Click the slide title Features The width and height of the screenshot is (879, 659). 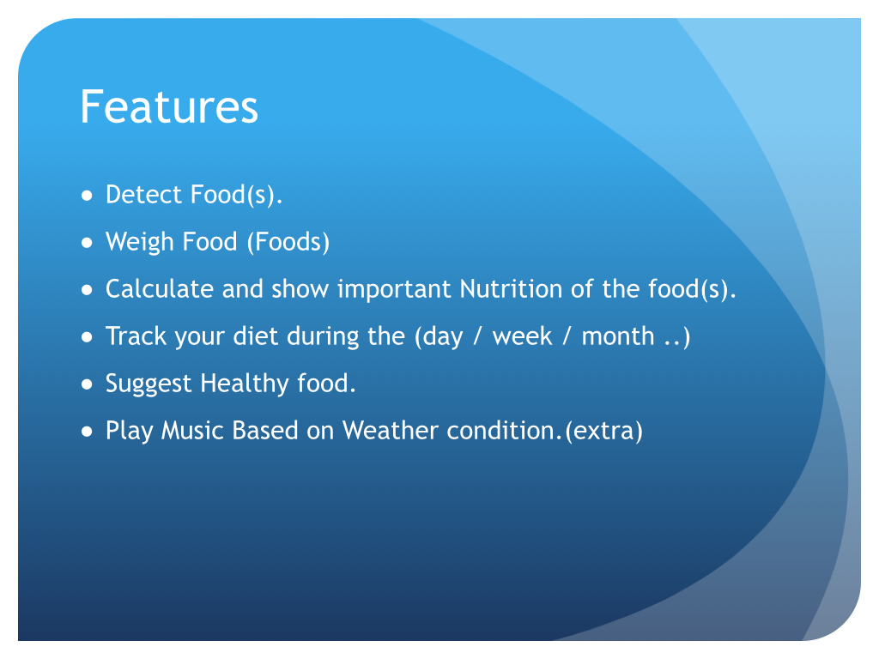point(169,106)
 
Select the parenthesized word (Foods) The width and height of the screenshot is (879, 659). point(288,242)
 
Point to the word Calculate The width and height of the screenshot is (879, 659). point(160,289)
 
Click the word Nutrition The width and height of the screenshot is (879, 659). point(511,289)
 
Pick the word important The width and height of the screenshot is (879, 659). point(394,289)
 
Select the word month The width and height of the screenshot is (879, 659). point(618,336)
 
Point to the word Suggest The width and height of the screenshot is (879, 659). point(149,384)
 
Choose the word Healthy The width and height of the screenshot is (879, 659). point(245,384)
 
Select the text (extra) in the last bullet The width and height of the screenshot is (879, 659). point(603,431)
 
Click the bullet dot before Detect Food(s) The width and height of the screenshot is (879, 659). point(87,196)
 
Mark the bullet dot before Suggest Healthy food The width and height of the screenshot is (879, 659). point(87,384)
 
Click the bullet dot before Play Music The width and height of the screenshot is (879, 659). point(87,432)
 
